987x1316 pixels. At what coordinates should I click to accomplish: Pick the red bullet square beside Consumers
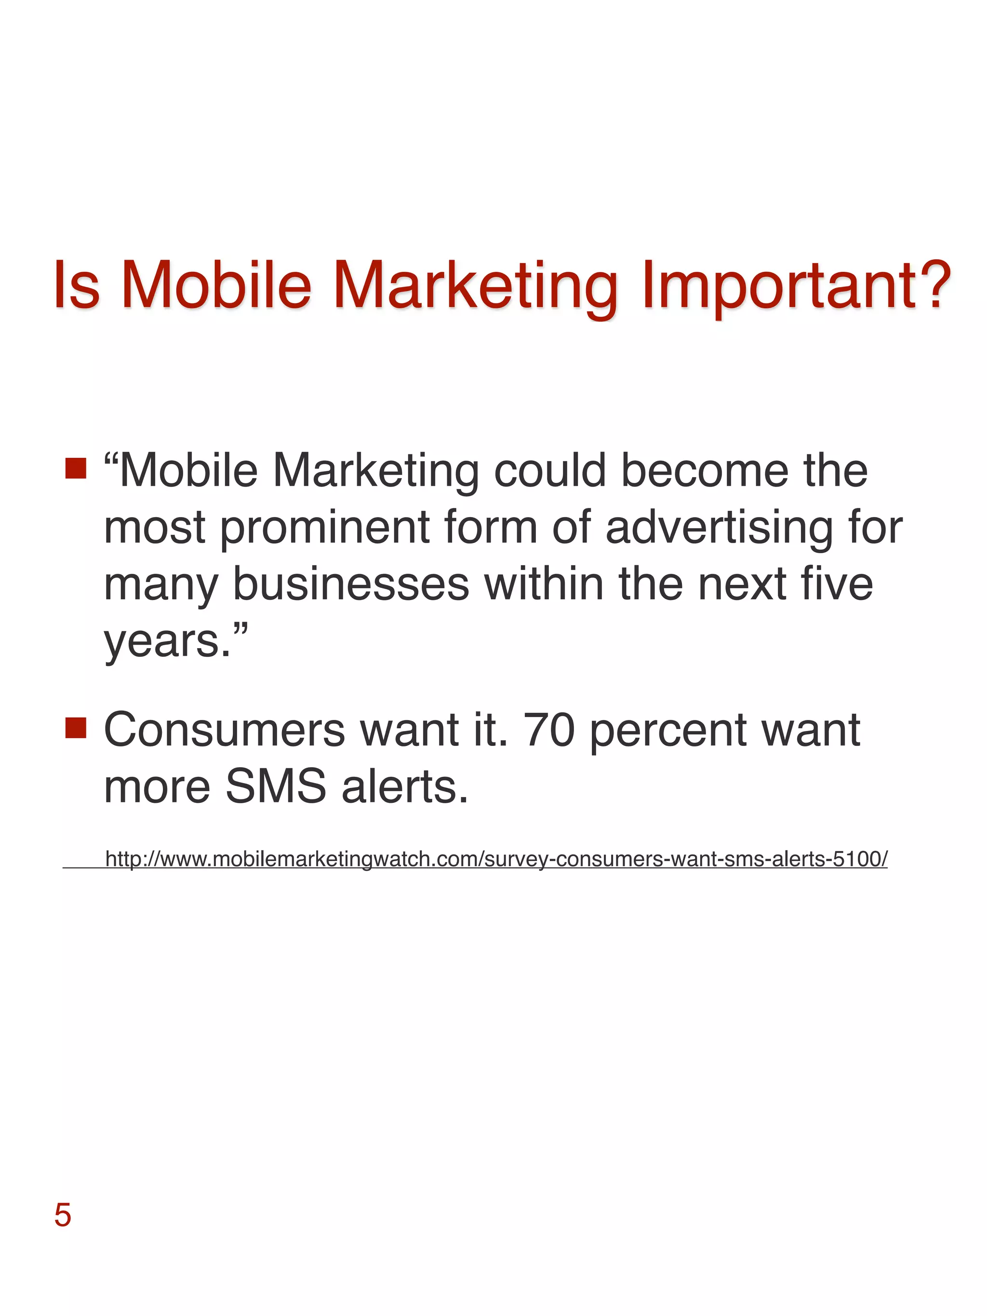76,727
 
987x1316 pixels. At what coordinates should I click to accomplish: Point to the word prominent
324,528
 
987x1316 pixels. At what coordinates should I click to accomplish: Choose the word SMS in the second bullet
276,786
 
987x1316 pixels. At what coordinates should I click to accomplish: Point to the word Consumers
224,730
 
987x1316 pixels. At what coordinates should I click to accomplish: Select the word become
705,471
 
